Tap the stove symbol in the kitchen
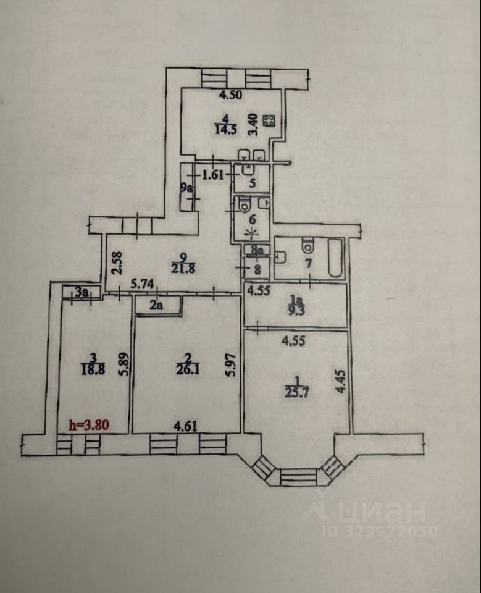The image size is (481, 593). (x=269, y=121)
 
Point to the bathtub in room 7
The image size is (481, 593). (x=335, y=259)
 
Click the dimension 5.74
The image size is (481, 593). (x=144, y=285)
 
